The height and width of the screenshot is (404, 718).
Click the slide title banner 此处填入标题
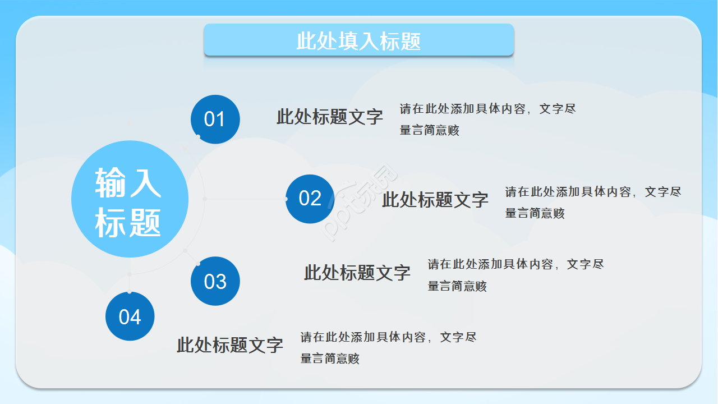coord(358,40)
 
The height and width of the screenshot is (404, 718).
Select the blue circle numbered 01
coord(215,119)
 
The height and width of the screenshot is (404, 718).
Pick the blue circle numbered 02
coord(310,199)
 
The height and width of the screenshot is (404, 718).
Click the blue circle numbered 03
coord(215,281)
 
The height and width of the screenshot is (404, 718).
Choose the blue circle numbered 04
coord(130,316)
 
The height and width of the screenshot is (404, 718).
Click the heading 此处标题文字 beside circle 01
coord(329,117)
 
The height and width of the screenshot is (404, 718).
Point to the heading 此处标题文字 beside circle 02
coord(435,199)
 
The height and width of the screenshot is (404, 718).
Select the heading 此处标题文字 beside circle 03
coord(357,273)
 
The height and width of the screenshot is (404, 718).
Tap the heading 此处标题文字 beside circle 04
coord(229,345)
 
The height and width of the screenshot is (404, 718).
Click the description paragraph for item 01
coord(487,120)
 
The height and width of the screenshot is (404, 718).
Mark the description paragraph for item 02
coord(593,203)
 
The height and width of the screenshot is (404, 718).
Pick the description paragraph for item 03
coord(516,275)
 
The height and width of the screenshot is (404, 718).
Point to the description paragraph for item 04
coord(388,348)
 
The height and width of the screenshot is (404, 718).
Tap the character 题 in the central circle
coord(145,222)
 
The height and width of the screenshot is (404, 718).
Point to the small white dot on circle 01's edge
coord(199,136)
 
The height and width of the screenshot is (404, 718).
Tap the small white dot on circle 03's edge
coord(198,263)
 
